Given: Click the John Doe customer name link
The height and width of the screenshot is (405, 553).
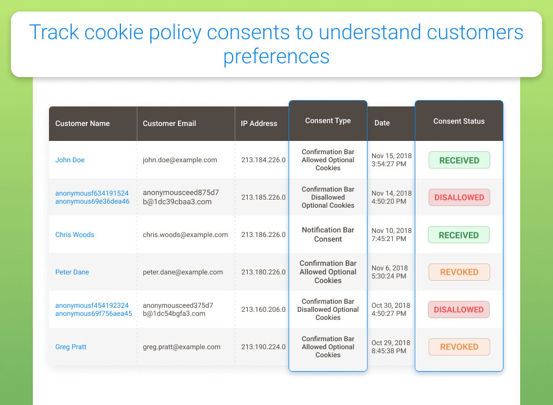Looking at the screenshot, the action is tap(70, 160).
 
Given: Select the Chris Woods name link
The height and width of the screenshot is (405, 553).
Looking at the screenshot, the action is tap(75, 235).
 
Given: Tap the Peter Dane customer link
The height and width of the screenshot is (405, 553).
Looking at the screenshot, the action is tap(72, 272).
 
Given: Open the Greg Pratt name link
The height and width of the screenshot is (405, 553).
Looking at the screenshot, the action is tap(70, 347).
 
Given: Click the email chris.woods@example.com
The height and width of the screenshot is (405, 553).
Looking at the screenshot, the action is tap(185, 235).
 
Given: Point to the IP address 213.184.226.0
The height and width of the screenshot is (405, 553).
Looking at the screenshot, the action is tap(263, 160).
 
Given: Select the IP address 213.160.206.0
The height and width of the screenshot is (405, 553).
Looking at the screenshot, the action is tap(263, 309).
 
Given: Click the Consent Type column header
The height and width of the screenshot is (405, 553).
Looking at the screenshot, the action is tap(328, 120).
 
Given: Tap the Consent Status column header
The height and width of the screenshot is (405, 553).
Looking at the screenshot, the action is tap(459, 121).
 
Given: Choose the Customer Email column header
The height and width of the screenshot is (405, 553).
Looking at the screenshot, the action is tap(169, 123).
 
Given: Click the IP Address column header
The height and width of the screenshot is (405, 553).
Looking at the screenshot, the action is tap(259, 123).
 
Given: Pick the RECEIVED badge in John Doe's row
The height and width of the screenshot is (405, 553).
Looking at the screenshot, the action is tap(459, 161).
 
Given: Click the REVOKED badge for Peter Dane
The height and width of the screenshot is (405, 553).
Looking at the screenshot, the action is tap(459, 272).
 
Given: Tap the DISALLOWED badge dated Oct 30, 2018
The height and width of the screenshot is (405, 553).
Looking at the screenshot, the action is tap(459, 310).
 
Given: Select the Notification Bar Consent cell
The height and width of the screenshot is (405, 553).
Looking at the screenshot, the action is tap(328, 235).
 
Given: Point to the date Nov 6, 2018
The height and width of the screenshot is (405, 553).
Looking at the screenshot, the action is tap(389, 268).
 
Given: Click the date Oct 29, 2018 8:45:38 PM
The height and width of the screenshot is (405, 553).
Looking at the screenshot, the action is tap(391, 347).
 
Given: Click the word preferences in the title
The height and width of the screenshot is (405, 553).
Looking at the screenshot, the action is tap(276, 56).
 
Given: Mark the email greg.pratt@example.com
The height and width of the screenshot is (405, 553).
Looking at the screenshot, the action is tap(181, 347).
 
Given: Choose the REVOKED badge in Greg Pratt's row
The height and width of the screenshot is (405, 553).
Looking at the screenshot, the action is tap(459, 347).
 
